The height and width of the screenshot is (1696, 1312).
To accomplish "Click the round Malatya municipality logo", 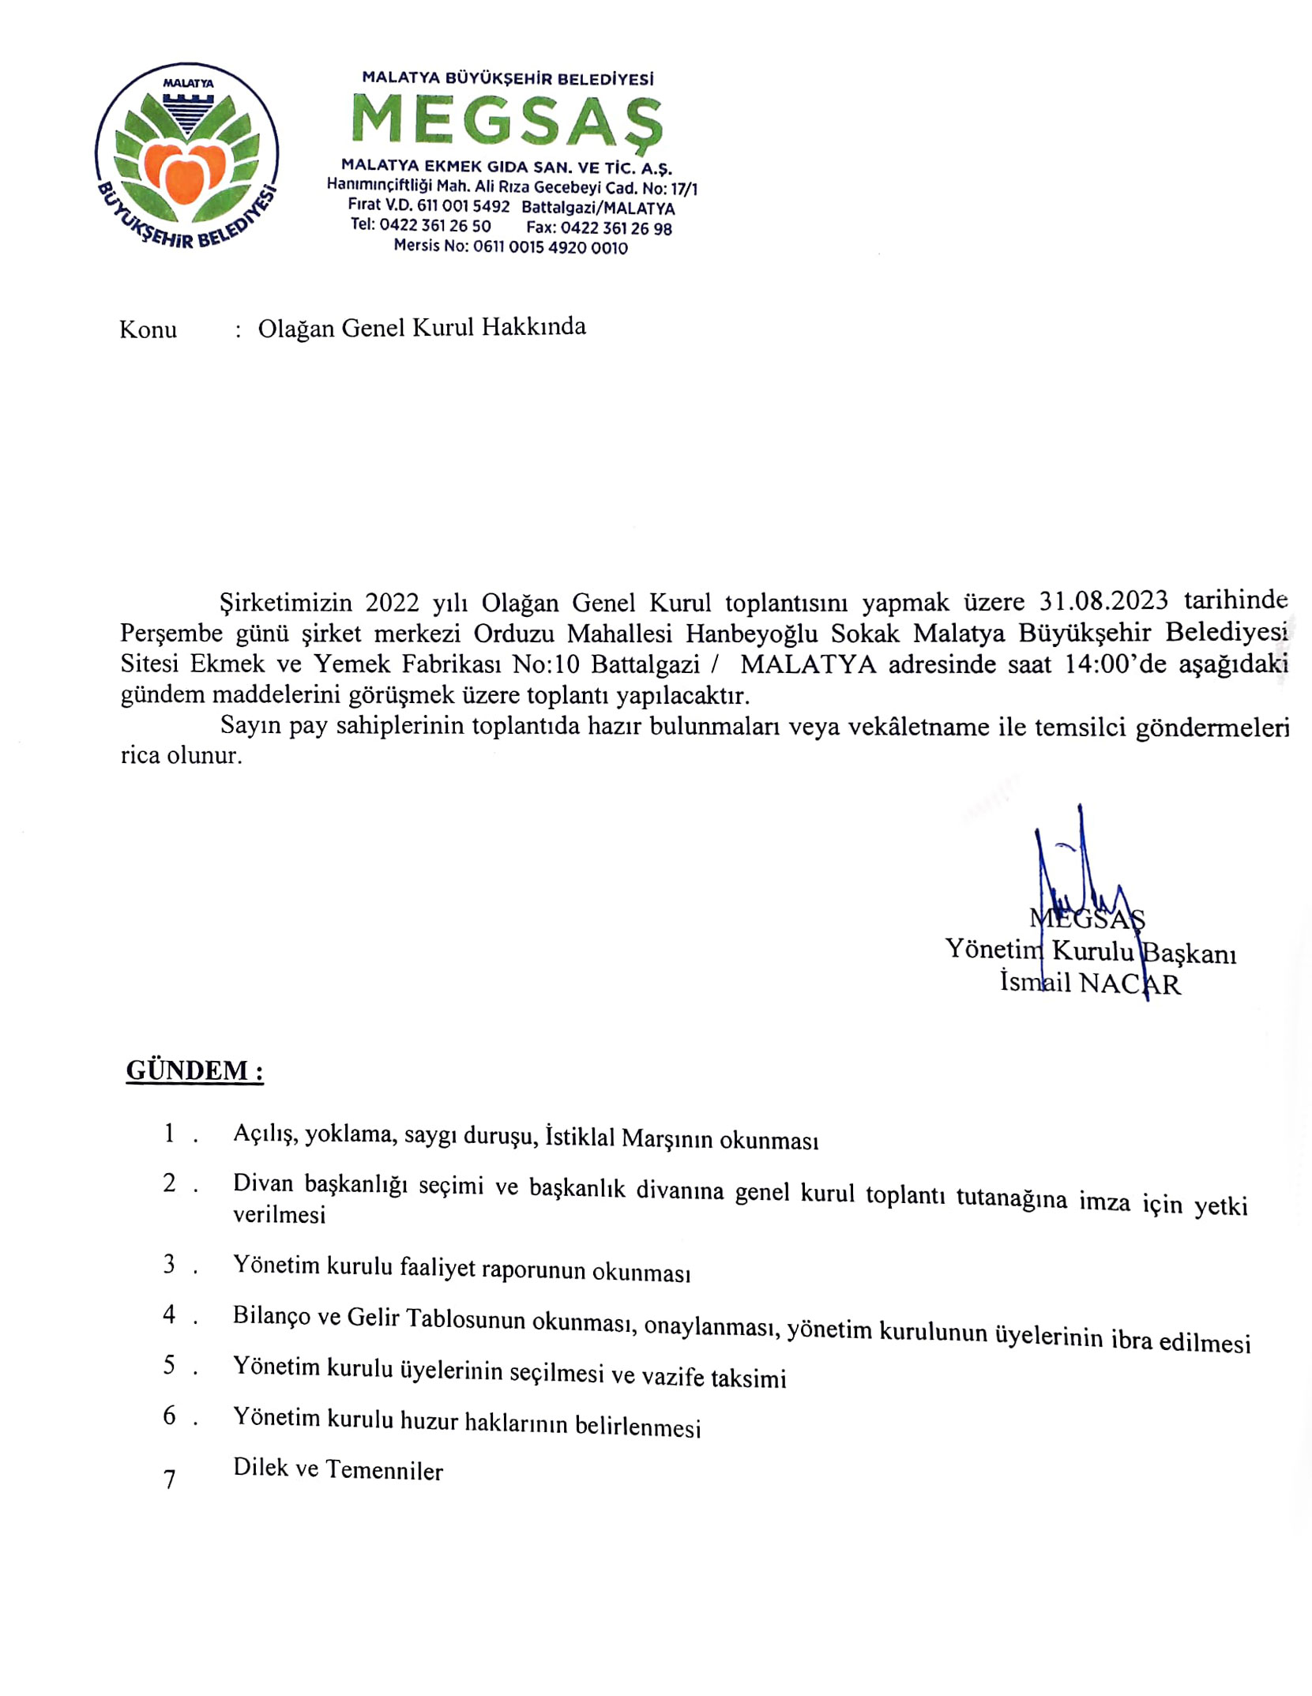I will [x=187, y=155].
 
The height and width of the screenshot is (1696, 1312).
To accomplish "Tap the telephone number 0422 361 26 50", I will [x=434, y=226].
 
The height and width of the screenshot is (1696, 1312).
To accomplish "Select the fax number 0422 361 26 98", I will [x=615, y=229].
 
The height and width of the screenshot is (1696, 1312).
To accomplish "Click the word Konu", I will [x=148, y=329].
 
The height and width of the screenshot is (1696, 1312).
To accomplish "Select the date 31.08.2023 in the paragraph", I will [x=1103, y=601].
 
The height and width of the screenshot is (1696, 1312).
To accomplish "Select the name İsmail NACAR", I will [x=1090, y=983].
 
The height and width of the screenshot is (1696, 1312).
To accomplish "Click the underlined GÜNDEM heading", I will [x=194, y=1070].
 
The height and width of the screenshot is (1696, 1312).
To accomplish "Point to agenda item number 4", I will [x=170, y=1314].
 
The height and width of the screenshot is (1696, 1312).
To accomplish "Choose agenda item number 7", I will [x=170, y=1480].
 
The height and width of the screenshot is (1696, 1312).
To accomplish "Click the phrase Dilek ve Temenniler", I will [x=338, y=1469].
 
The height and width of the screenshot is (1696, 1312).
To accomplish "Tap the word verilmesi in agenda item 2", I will [x=279, y=1215].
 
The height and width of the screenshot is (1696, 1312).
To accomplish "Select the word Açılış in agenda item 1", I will [x=265, y=1134].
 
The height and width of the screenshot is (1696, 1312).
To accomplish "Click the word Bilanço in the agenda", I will [x=271, y=1315].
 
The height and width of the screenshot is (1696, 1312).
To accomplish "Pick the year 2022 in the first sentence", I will [x=392, y=603].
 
